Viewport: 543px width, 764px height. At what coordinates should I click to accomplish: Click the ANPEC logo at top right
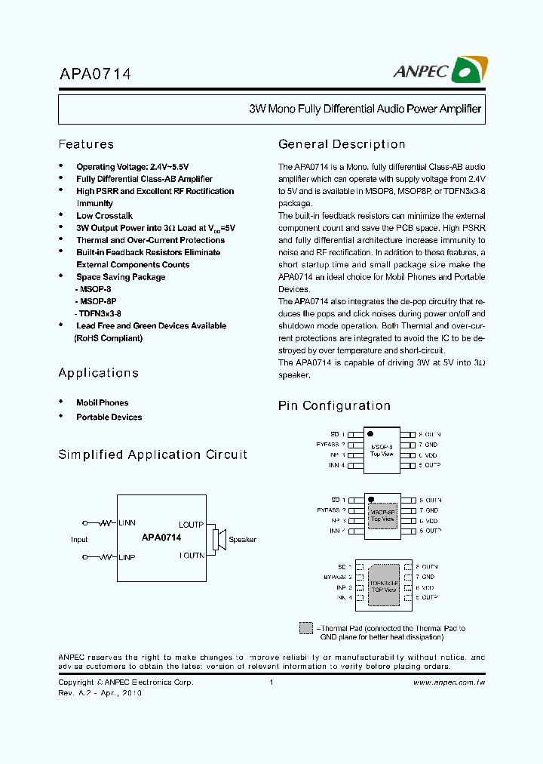tap(440, 71)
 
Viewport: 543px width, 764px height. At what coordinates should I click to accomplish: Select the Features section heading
tap(86, 144)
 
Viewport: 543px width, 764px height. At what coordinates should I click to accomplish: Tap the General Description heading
tap(342, 144)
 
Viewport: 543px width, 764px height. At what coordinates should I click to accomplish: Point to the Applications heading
tap(98, 373)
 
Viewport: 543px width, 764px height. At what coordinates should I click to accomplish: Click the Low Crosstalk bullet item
tap(104, 216)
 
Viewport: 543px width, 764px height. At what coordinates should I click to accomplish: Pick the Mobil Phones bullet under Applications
tap(102, 403)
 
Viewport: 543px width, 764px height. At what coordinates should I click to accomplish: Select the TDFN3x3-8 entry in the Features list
tap(98, 313)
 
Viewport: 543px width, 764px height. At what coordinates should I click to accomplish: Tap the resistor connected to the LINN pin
tap(105, 522)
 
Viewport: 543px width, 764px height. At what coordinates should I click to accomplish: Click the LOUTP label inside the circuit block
tap(191, 524)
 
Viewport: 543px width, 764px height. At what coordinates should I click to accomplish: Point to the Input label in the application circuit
tap(79, 540)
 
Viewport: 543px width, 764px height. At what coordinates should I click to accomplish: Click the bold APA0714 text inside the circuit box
tap(161, 538)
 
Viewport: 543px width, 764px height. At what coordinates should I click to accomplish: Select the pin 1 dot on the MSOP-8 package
tap(370, 434)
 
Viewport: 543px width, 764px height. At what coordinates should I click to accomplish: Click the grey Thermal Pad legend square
tap(305, 628)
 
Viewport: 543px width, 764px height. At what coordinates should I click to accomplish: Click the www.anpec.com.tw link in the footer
tap(449, 682)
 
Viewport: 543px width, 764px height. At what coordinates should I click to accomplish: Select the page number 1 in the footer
tap(271, 682)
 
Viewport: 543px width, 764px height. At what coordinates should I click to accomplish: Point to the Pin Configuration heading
tap(334, 406)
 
